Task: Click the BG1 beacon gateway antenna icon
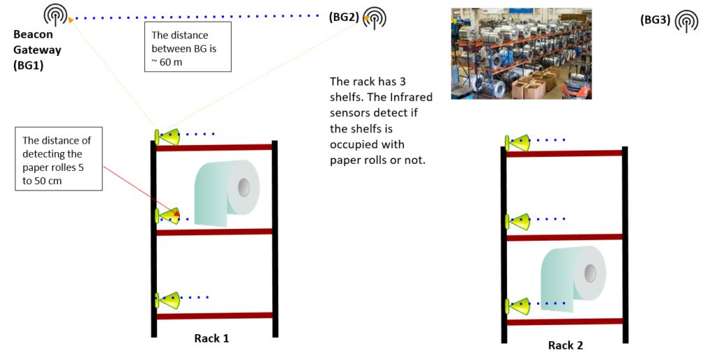point(55,15)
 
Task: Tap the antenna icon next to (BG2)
point(375,18)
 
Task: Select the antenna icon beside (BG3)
point(687,21)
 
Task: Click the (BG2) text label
point(344,18)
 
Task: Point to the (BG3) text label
point(655,20)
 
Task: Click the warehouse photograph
point(521,53)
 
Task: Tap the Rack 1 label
point(211,338)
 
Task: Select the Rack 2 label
point(566,345)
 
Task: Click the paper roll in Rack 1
point(228,193)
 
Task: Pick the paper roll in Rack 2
point(573,279)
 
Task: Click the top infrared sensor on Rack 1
point(167,137)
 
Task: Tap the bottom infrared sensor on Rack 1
point(167,300)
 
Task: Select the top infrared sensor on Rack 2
point(517,143)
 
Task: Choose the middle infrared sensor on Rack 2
point(517,222)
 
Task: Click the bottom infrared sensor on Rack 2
point(517,307)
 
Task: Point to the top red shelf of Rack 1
point(214,147)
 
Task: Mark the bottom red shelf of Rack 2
point(565,322)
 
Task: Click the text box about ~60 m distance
point(188,47)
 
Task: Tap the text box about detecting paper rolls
point(59,159)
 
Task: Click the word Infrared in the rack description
point(411,97)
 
